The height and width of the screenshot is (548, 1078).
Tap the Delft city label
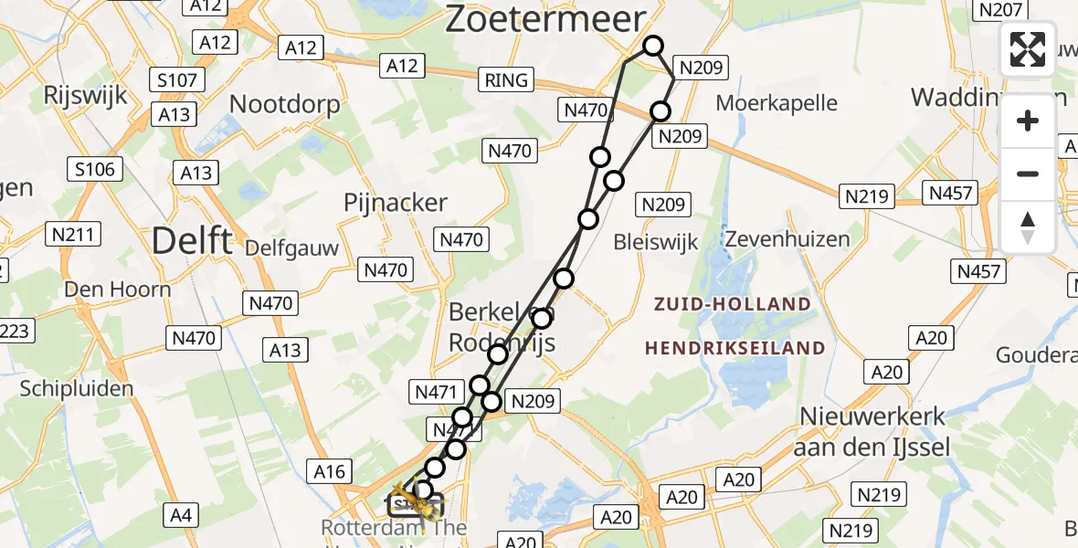click(x=192, y=242)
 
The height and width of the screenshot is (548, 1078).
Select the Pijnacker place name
click(x=396, y=203)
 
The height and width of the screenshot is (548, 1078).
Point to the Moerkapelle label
click(x=777, y=102)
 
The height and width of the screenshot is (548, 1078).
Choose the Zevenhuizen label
click(x=787, y=239)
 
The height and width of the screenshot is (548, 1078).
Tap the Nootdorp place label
click(x=284, y=104)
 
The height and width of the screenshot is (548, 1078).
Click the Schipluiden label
click(x=77, y=388)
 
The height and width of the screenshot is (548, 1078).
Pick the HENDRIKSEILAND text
click(x=735, y=348)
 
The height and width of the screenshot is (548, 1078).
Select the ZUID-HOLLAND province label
click(x=732, y=304)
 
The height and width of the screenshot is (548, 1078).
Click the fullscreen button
click(x=1028, y=49)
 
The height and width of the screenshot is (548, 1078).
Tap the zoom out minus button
click(x=1028, y=174)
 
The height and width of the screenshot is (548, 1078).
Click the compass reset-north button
click(x=1028, y=227)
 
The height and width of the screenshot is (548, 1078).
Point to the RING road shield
click(x=506, y=80)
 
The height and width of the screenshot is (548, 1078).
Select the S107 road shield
click(x=177, y=80)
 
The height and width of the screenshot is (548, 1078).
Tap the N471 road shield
click(x=435, y=392)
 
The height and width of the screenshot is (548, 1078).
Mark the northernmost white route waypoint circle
click(x=652, y=46)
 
